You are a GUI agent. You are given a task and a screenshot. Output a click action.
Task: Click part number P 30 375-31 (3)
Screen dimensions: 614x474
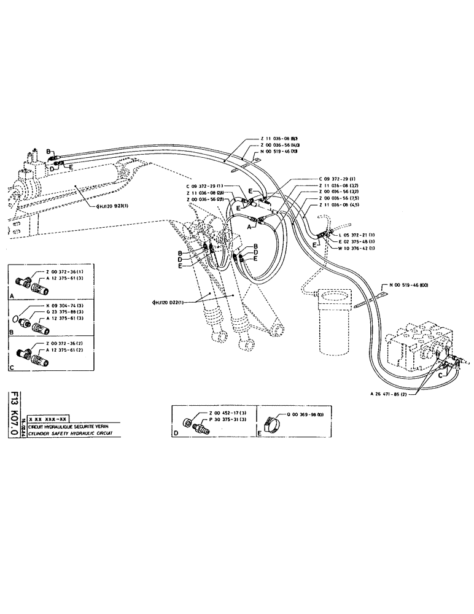click(x=230, y=419)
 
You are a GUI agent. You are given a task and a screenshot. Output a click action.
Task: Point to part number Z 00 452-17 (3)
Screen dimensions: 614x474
click(x=230, y=413)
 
